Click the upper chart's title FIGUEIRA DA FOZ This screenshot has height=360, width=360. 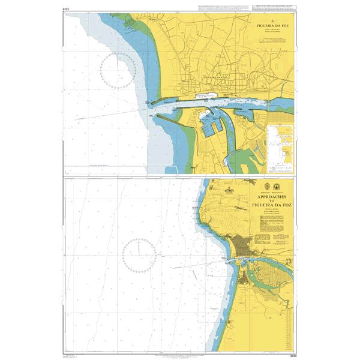coord(271,27)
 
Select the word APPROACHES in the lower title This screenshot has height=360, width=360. coord(273,196)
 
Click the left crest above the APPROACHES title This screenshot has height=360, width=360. coord(265,187)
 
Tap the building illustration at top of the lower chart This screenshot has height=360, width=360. coord(229,190)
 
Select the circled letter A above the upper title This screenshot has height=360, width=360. coord(271,22)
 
